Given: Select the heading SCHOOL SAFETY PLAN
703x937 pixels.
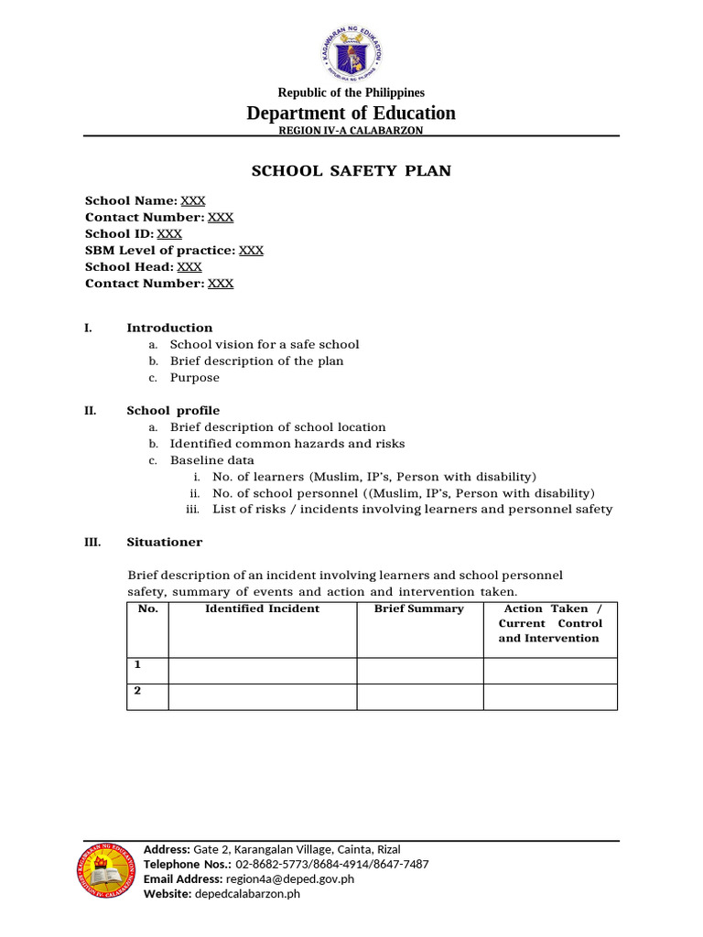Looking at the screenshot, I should pos(351,171).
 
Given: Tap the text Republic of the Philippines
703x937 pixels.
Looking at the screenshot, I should pos(351,92).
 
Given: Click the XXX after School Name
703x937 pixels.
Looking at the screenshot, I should pos(193,200).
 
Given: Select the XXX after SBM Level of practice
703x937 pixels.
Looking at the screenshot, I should pos(251,250).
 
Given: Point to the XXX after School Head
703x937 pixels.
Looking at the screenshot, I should pos(189,266).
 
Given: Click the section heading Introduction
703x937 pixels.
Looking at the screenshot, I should pos(169,328).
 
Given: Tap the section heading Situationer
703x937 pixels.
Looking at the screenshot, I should pos(165,542).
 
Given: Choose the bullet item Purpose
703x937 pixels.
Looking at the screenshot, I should pos(194,377).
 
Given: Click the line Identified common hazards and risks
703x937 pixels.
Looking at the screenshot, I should pos(287,444).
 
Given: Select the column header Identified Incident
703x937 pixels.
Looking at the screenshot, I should pos(262,609).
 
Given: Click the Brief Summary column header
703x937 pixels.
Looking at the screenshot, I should pos(419,609).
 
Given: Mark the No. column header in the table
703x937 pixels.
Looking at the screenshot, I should pos(147,609).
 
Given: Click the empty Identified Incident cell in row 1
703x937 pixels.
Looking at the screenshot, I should pos(262,670).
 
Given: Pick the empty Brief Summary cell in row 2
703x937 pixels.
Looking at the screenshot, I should pos(419,696).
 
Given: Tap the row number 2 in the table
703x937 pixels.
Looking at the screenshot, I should pos(137,691).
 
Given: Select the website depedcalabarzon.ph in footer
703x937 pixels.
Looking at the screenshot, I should pos(247,894).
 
